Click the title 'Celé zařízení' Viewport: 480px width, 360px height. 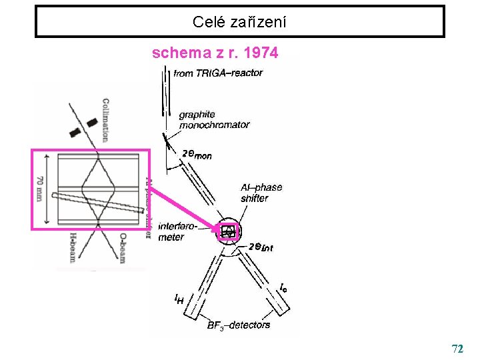click(x=239, y=22)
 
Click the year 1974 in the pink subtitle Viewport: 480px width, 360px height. click(x=261, y=53)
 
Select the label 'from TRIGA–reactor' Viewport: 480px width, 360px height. click(x=218, y=73)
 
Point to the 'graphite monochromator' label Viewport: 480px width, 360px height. click(x=214, y=119)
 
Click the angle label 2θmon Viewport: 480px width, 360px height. click(x=197, y=155)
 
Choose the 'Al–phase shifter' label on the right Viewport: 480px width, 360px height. click(x=261, y=193)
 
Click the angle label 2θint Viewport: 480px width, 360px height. click(x=261, y=247)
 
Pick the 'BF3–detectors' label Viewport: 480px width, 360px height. click(x=239, y=325)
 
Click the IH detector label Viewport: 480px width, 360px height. click(x=179, y=299)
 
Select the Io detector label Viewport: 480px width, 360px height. click(x=284, y=288)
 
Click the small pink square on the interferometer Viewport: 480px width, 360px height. click(x=229, y=231)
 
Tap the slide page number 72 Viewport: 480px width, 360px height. click(x=457, y=349)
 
